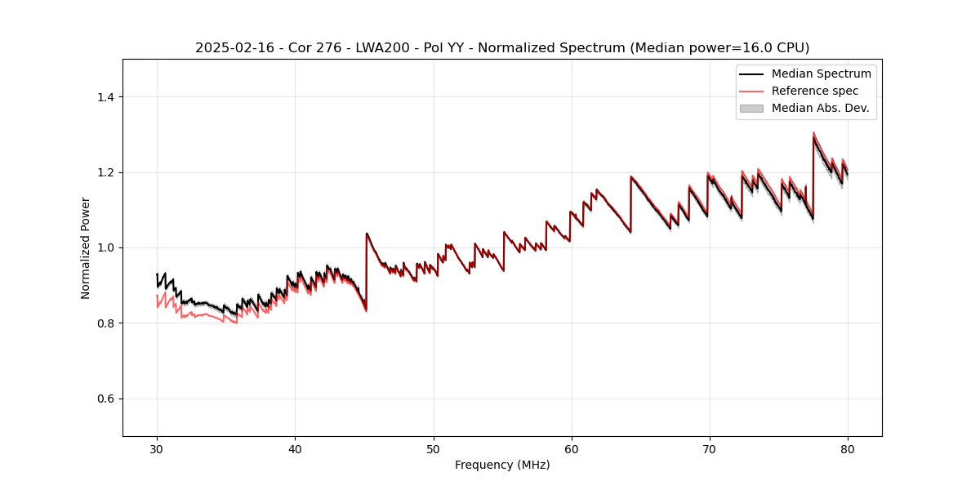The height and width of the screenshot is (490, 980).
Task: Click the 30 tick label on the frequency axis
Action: [157, 448]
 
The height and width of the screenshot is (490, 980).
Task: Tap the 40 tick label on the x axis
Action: [295, 448]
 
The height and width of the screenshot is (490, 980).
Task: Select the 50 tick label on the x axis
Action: [433, 448]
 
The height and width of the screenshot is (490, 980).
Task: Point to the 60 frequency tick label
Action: [571, 448]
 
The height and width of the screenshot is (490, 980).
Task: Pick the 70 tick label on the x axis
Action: [709, 448]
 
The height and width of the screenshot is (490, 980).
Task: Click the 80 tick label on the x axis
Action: [847, 448]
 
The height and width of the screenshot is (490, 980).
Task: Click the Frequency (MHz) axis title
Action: [502, 465]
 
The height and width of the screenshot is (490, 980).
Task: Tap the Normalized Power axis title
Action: [86, 247]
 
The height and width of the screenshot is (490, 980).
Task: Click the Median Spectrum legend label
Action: [821, 73]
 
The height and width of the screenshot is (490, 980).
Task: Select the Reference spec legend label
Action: [814, 91]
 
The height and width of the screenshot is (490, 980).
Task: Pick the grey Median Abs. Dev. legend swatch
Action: [751, 108]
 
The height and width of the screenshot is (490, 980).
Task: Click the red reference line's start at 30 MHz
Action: [157, 296]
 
